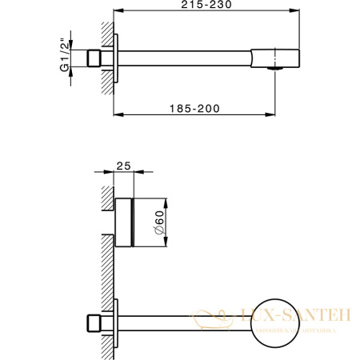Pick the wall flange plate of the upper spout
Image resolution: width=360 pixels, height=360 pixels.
[117, 58]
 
